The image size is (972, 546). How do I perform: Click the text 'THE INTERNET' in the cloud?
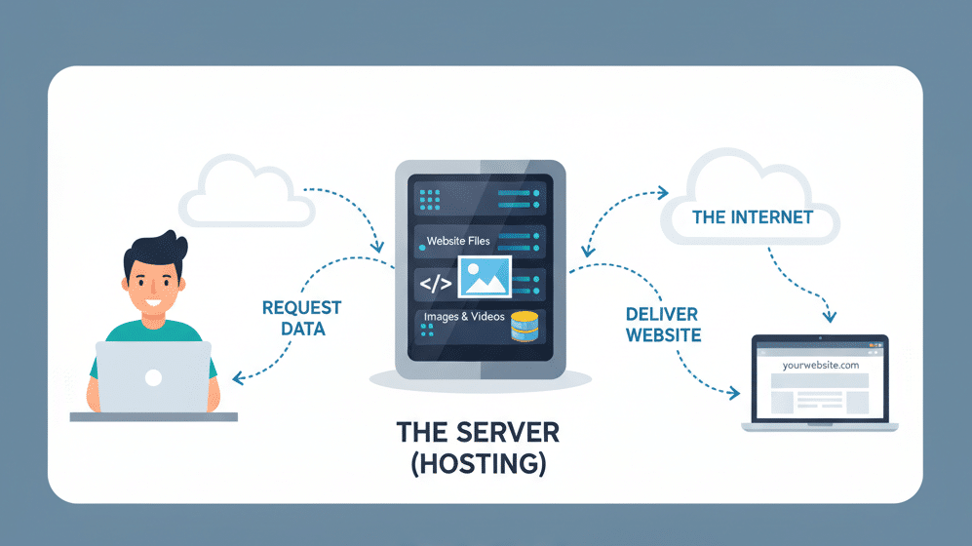[752, 216]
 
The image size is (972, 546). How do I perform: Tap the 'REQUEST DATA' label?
[302, 318]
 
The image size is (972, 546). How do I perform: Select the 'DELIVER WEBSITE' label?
[663, 324]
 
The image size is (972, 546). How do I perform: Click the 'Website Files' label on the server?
[458, 240]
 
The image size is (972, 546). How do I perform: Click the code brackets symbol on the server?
[435, 284]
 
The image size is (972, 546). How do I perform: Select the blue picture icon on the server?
[485, 277]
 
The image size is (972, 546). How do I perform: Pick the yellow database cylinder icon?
[525, 327]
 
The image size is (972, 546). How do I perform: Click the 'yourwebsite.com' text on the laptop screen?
[820, 364]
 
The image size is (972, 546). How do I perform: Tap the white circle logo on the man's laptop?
[153, 378]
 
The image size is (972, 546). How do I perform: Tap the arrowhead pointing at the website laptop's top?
[830, 316]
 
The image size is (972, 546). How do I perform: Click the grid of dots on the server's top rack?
[430, 200]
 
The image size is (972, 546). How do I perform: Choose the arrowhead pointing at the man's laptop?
[236, 375]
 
